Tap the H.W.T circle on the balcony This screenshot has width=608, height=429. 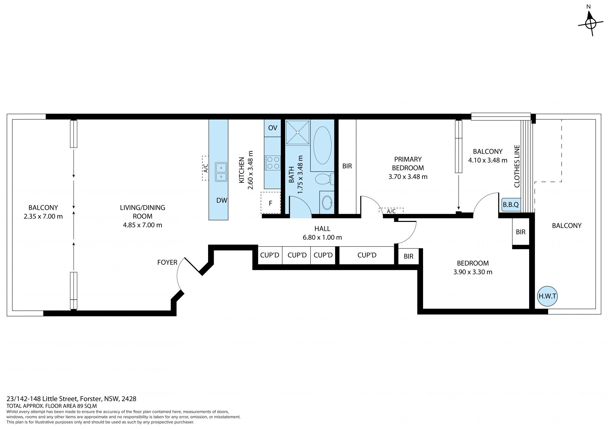point(548,296)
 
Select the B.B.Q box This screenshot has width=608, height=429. point(511,205)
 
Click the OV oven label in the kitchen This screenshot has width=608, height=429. point(273,128)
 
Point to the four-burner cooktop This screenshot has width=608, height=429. point(273,163)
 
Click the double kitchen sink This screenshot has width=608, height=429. point(221,172)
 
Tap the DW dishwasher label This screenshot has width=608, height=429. point(222,200)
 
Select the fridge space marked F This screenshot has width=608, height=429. point(271,203)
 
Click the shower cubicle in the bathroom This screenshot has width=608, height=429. point(298,132)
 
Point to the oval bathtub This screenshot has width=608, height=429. point(322,145)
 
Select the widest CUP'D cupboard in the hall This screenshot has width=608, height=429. point(367,255)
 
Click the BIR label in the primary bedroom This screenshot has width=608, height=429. point(347,166)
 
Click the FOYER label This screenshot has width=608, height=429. point(167,262)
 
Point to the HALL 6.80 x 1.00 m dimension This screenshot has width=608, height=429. point(322,237)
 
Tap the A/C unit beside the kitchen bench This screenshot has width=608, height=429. point(206,168)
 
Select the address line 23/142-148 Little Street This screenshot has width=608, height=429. point(72,399)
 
